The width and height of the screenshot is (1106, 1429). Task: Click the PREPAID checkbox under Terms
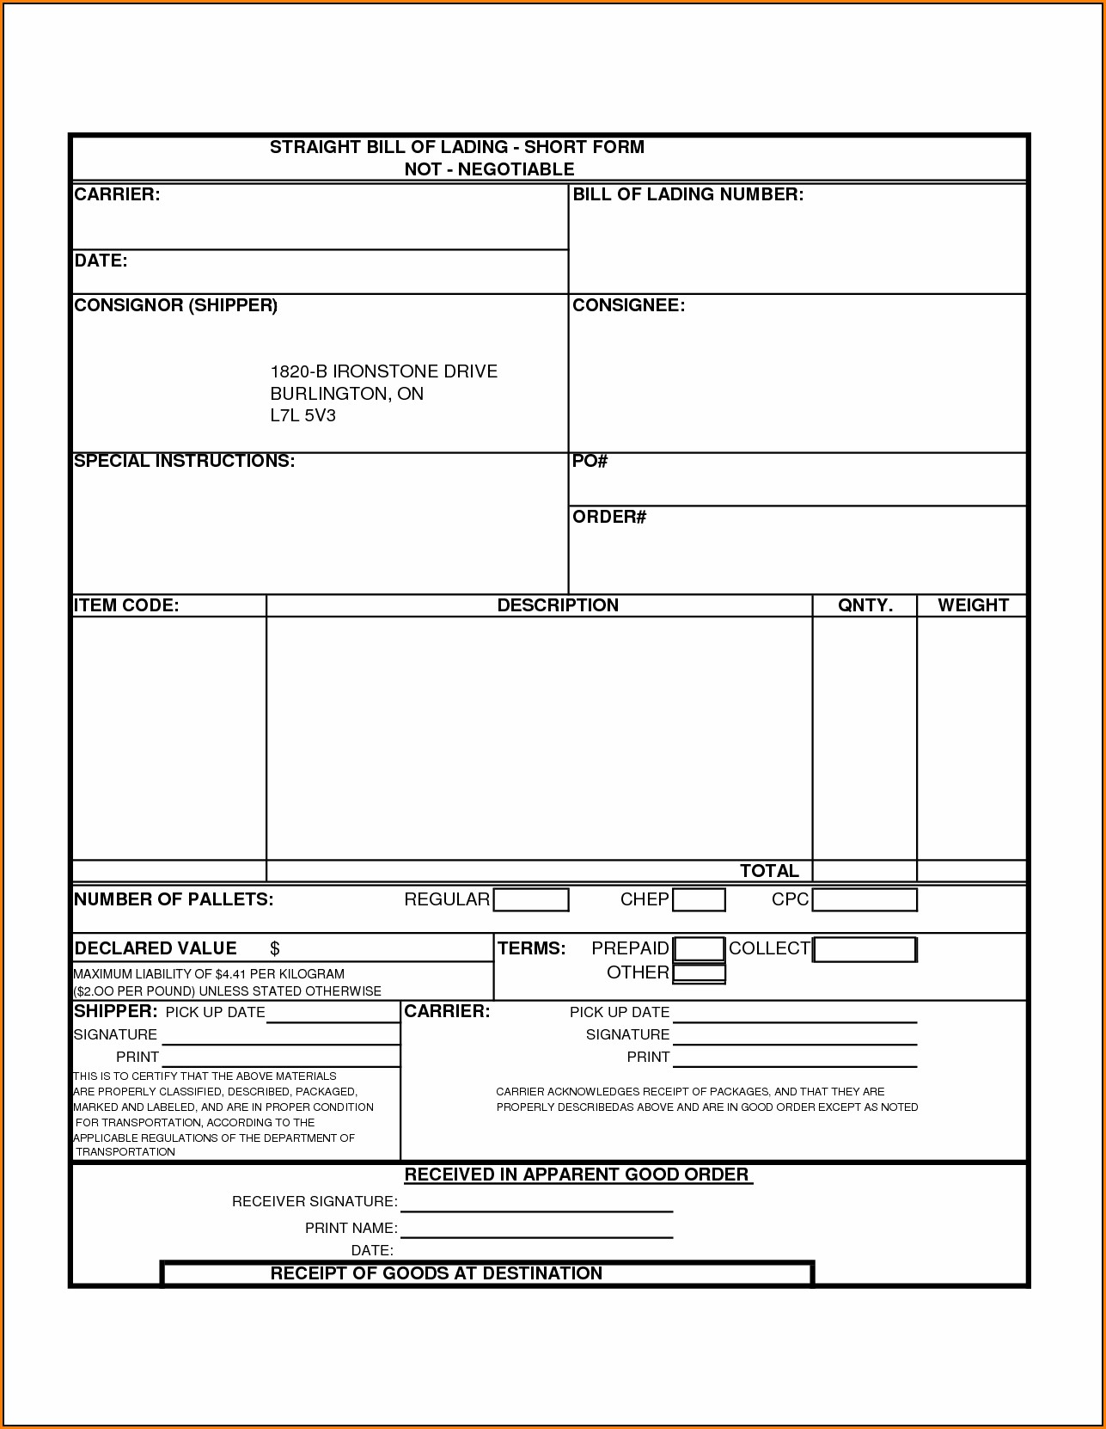tap(699, 948)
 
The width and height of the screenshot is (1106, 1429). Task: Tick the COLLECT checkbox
tap(865, 949)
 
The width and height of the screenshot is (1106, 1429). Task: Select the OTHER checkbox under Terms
tap(699, 973)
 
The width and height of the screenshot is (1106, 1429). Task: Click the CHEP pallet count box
tap(699, 899)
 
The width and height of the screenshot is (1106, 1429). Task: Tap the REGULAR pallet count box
tap(531, 899)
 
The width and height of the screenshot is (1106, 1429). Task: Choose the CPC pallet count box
tap(865, 899)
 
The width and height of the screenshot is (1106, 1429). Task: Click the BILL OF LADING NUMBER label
tap(687, 194)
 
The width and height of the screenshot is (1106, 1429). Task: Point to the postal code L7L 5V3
tap(302, 416)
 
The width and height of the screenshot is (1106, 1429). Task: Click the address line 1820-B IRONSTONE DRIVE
tap(383, 371)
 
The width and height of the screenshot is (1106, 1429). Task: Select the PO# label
tap(590, 462)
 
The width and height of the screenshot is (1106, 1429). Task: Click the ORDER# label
tap(609, 517)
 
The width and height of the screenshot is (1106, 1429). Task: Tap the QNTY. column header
tap(865, 605)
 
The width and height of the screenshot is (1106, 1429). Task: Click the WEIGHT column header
tap(973, 605)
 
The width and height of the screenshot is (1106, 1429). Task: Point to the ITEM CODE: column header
tap(126, 605)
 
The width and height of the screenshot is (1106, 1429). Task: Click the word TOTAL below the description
tap(769, 871)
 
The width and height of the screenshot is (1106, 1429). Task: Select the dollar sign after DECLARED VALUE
tap(275, 948)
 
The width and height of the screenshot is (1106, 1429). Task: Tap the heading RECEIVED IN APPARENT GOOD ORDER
tap(577, 1174)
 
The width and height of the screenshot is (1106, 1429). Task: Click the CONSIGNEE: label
tap(628, 305)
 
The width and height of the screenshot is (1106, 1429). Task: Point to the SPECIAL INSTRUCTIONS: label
tap(184, 461)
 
